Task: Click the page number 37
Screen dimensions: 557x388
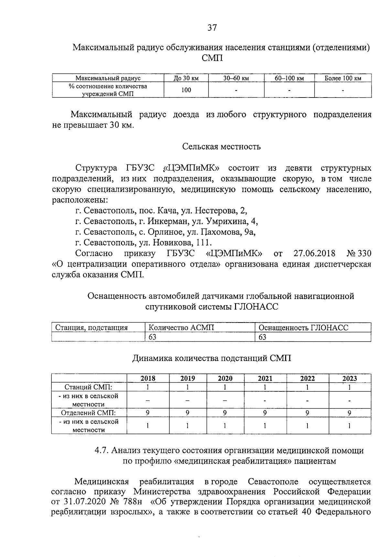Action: click(x=212, y=28)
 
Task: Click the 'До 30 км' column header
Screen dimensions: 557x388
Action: click(x=186, y=78)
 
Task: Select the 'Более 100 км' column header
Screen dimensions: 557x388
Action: click(x=343, y=78)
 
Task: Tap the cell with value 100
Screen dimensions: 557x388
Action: click(x=186, y=90)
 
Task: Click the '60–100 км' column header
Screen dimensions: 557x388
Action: click(x=289, y=78)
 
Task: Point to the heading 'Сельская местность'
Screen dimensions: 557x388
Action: click(x=221, y=147)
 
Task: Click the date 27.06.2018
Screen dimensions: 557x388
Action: click(x=314, y=253)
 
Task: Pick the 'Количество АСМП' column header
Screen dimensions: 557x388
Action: click(x=181, y=328)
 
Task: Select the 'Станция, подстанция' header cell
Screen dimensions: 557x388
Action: click(x=92, y=328)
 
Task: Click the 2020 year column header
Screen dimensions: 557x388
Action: click(x=225, y=378)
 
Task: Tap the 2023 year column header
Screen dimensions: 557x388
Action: click(x=350, y=378)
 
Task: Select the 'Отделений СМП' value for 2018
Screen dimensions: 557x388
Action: click(x=148, y=413)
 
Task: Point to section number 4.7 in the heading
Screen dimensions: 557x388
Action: click(x=102, y=450)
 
